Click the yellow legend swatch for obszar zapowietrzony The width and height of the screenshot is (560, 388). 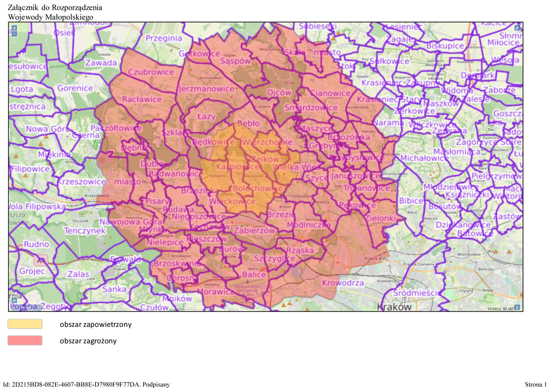[25, 324]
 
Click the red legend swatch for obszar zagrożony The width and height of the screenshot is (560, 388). [25, 340]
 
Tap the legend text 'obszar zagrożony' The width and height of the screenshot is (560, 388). [88, 341]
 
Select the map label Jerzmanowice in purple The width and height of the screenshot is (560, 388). [206, 89]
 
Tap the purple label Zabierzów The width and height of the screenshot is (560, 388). [254, 230]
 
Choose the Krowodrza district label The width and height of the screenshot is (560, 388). [343, 283]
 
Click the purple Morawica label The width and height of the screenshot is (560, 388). [216, 291]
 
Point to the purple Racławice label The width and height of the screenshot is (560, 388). [142, 99]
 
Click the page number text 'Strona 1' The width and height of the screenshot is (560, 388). [535, 384]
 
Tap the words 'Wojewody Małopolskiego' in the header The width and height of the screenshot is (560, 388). [51, 17]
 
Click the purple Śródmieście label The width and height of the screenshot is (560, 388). [416, 293]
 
